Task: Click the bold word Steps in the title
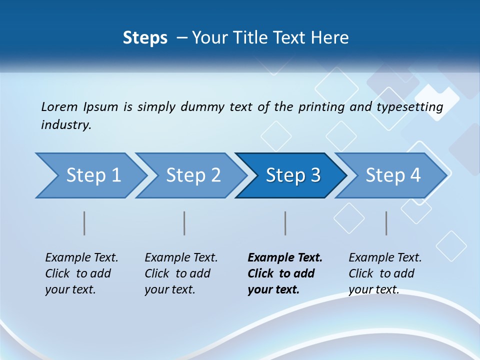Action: coord(145,38)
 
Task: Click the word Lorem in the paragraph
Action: coord(59,106)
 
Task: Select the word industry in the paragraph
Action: coord(66,125)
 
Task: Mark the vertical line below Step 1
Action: coord(84,223)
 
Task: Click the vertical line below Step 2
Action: coord(184,223)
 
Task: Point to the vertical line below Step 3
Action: coord(285,223)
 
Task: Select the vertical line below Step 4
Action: coord(386,223)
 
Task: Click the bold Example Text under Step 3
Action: coord(285,258)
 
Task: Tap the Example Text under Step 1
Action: coord(81,258)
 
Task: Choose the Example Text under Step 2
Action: coord(181,258)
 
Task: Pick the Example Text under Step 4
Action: coord(385,258)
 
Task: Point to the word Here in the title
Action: coord(332,38)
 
